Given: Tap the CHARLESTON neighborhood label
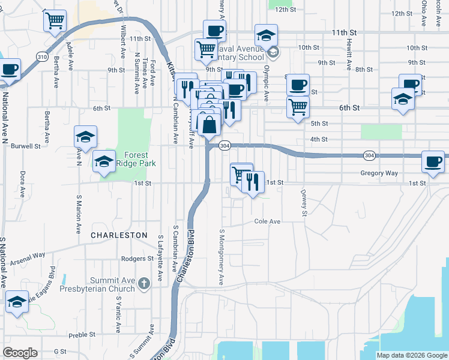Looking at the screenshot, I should click(x=119, y=235).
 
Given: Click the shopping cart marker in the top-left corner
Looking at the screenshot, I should click(x=55, y=22).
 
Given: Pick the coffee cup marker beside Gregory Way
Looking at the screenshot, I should click(x=433, y=161).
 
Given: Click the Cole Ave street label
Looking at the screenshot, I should click(x=268, y=221).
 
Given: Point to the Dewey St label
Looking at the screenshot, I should click(x=304, y=203).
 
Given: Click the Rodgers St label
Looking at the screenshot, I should click(x=137, y=259).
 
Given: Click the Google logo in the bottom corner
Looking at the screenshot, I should click(x=20, y=353).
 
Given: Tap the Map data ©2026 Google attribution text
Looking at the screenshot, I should click(x=411, y=355).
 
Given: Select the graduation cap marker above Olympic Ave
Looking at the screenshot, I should click(x=267, y=35).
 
